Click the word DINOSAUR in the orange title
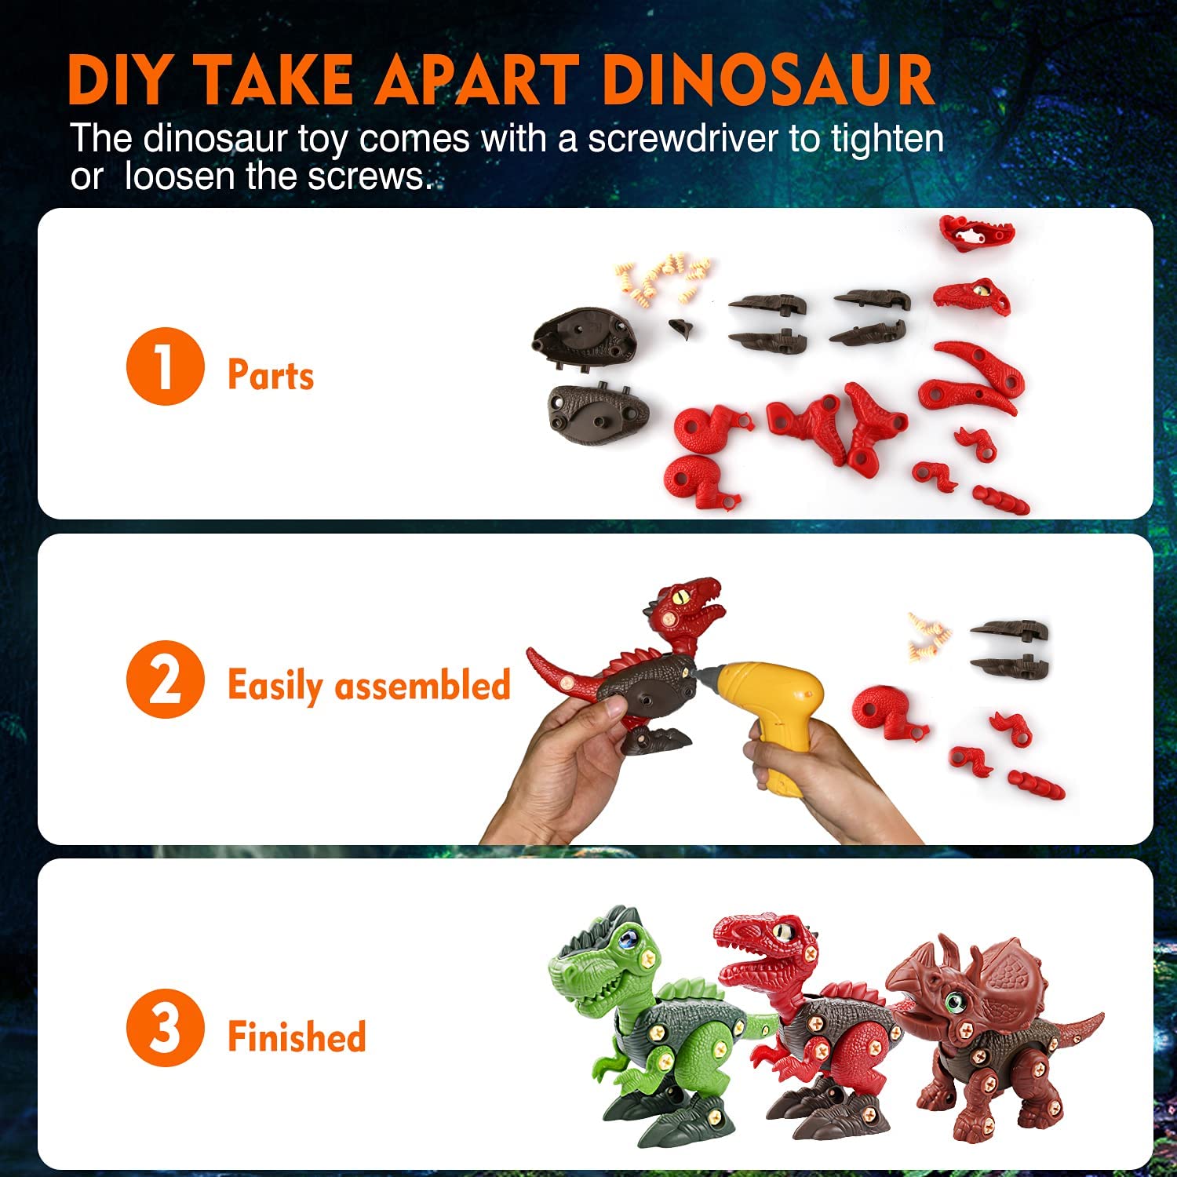coord(769,81)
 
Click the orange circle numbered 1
coord(165,366)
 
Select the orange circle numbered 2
coord(165,680)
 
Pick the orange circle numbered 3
coord(165,1028)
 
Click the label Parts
coord(271,374)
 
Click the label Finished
coord(297,1036)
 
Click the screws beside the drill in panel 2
coord(929,634)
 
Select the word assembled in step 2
coord(423,685)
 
